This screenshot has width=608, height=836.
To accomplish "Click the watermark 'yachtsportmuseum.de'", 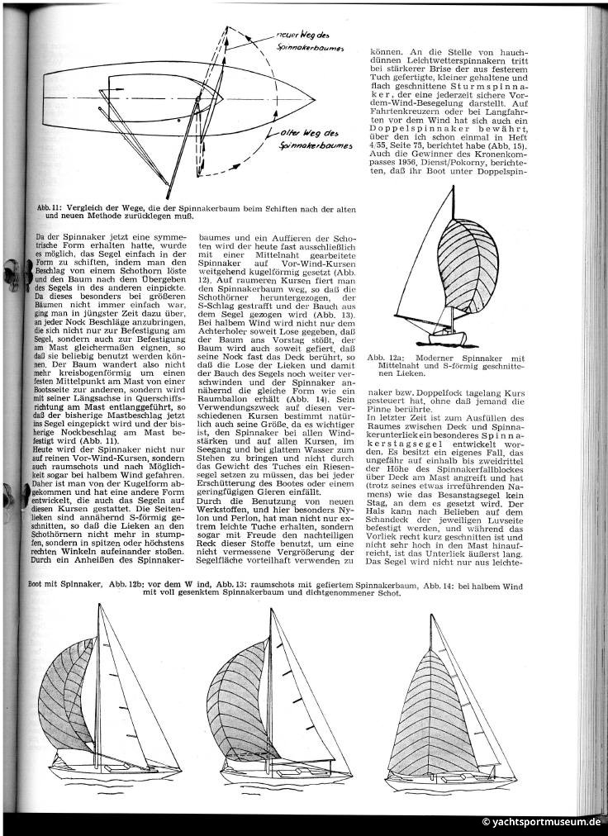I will (x=541, y=824).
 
